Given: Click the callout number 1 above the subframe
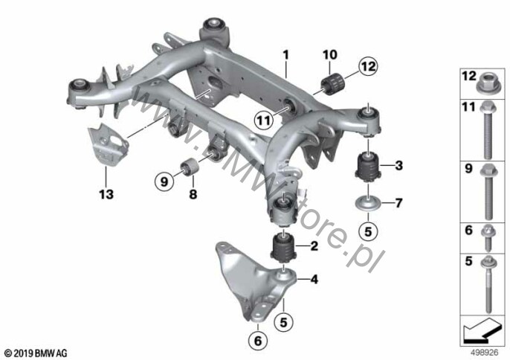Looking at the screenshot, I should click(284, 55).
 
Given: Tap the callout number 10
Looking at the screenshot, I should click(329, 55).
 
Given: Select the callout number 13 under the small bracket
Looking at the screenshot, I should click(106, 195).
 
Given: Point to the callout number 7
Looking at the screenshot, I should click(398, 202).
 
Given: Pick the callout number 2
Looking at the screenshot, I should click(314, 245).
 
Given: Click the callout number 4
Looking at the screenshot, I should click(314, 280).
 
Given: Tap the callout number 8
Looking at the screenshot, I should click(193, 195).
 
